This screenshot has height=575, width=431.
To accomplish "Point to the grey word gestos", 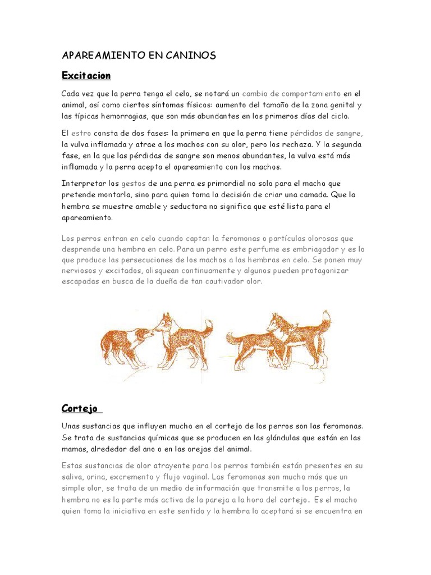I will [133, 184].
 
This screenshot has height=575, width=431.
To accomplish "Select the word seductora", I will [185, 206].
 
